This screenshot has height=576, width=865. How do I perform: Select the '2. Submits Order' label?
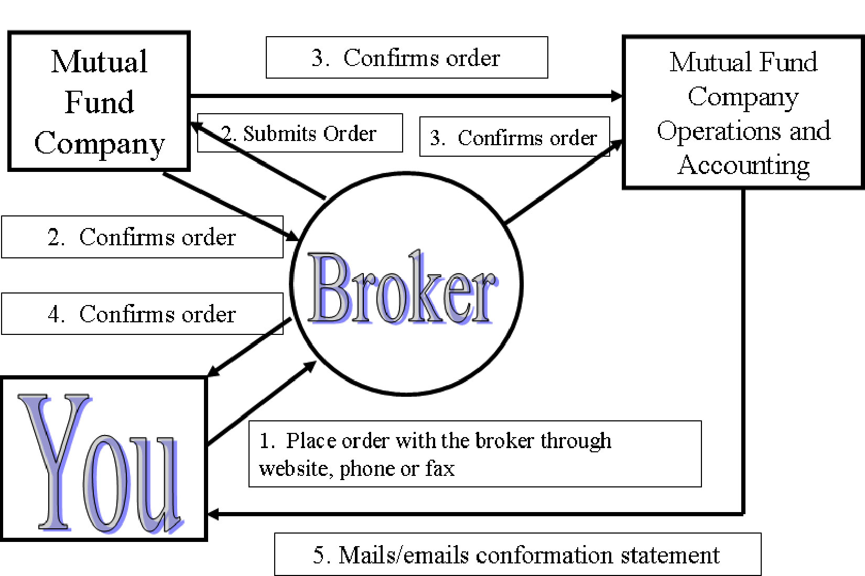300,133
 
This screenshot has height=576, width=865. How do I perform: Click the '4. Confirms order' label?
142,314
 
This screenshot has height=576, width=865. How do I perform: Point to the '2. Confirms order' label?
142,237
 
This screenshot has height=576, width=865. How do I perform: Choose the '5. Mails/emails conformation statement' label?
517,555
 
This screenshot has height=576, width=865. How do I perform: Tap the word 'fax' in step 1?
440,468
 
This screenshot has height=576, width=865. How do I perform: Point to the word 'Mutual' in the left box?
99,62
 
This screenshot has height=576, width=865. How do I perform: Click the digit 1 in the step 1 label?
265,440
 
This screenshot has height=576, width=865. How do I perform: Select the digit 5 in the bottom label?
318,555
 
